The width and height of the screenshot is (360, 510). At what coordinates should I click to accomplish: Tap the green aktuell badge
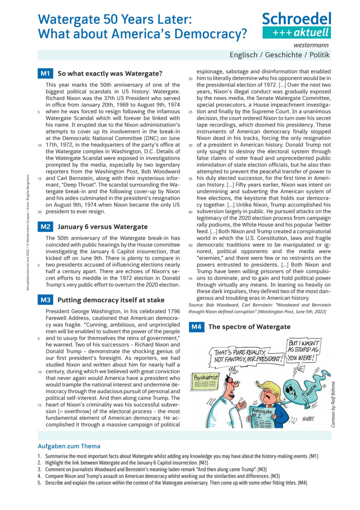click(x=297, y=33)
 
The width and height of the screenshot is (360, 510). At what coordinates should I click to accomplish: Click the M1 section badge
click(x=45, y=74)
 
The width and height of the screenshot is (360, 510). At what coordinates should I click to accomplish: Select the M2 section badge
click(x=45, y=227)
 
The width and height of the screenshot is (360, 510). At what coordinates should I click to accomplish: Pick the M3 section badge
click(x=45, y=300)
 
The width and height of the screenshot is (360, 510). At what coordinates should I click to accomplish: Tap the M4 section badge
click(x=196, y=327)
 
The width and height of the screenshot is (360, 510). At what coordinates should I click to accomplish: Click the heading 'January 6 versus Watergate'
click(x=102, y=227)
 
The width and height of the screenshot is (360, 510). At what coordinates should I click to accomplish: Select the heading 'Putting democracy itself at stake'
click(x=110, y=300)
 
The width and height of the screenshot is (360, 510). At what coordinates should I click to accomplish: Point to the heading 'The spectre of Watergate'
click(x=249, y=327)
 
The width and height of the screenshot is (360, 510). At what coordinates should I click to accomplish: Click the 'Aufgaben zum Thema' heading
click(x=69, y=446)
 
